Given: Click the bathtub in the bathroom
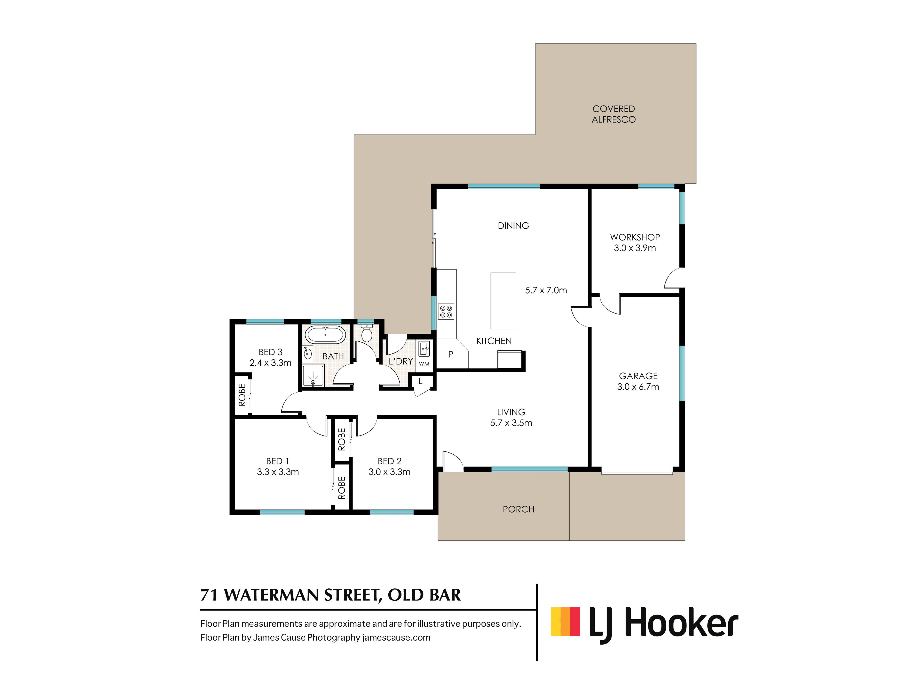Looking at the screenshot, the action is click(325, 334).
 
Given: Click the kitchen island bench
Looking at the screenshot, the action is click(503, 301).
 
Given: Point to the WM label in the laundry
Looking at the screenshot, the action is click(424, 364).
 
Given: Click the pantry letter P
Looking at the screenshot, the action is click(451, 354).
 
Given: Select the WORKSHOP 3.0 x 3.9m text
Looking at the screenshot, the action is click(635, 242).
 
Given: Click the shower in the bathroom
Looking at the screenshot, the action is click(313, 376).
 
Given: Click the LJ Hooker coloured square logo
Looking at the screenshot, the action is click(565, 621).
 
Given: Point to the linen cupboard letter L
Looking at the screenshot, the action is click(421, 381).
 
